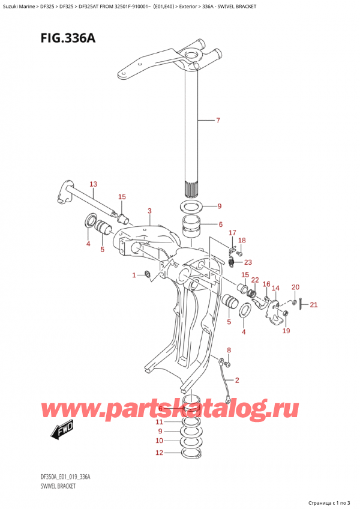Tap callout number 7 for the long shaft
point(218,121)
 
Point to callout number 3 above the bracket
point(149,210)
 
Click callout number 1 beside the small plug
point(134,275)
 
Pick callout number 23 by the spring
point(248,261)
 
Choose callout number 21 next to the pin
point(313,305)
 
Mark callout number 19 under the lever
point(286,330)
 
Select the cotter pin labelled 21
point(302,305)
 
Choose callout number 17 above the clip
point(232,233)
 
